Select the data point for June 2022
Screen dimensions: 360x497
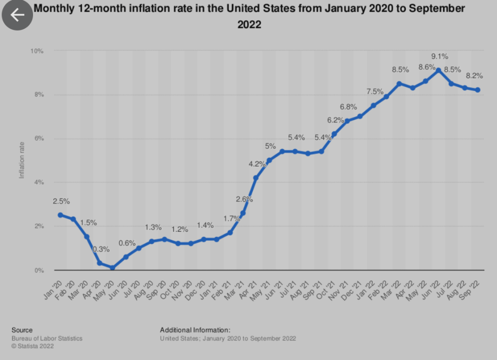pyautogui.click(x=439, y=70)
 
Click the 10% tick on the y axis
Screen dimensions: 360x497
pyautogui.click(x=37, y=51)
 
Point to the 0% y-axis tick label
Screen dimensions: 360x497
pyautogui.click(x=39, y=270)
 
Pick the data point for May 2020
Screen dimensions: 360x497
pyautogui.click(x=112, y=268)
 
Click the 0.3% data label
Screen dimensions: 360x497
pyautogui.click(x=101, y=249)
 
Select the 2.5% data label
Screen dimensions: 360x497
pyautogui.click(x=61, y=201)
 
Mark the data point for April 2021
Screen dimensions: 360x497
pyautogui.click(x=256, y=178)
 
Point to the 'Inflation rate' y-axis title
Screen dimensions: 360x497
pyautogui.click(x=22, y=160)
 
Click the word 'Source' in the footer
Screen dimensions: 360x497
pyautogui.click(x=22, y=330)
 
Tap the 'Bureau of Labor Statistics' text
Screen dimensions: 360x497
pyautogui.click(x=47, y=339)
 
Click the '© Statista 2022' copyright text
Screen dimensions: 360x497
pyautogui.click(x=33, y=346)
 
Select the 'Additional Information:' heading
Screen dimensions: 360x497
pyautogui.click(x=195, y=330)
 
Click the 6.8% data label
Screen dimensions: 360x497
pyautogui.click(x=348, y=107)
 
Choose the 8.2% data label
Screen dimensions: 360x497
pyautogui.click(x=474, y=76)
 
